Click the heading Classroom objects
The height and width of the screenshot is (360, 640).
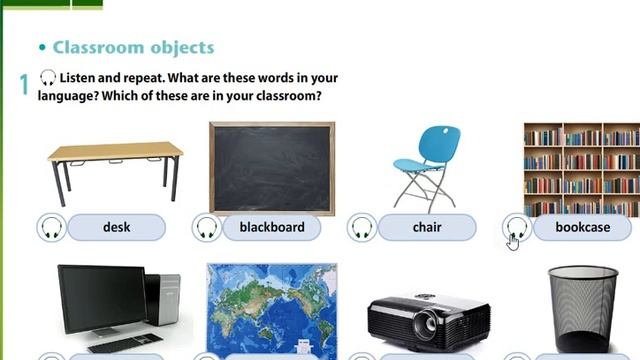coord(132,47)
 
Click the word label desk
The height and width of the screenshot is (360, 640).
coord(117,227)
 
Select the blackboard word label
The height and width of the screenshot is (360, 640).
coord(272,227)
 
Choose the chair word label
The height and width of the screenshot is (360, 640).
coord(427,227)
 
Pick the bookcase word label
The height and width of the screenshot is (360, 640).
coord(583,227)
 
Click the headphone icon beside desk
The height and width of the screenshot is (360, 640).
coord(52,227)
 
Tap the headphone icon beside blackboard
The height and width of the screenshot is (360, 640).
coord(207,227)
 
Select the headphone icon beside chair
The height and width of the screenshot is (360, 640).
coord(362,227)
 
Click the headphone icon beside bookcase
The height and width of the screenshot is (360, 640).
coord(517,227)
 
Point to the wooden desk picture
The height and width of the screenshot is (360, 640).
coord(115,165)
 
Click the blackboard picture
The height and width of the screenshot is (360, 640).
coord(272,168)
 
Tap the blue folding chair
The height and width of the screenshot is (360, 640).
coord(424,165)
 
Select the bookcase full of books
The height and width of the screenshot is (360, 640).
coord(582,168)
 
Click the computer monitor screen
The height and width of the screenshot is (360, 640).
coord(100,298)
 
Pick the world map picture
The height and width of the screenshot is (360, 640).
coord(272,308)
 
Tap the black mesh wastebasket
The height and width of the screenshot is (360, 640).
coord(583,308)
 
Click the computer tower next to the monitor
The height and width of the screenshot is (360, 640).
coord(163,300)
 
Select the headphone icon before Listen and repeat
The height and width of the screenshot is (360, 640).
coord(47,78)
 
